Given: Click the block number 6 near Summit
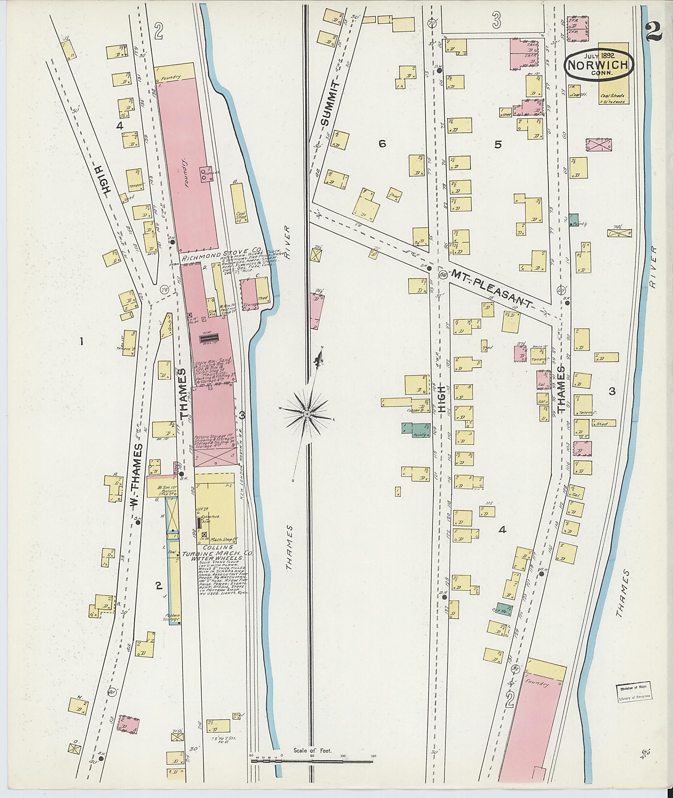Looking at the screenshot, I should tap(382, 144).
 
